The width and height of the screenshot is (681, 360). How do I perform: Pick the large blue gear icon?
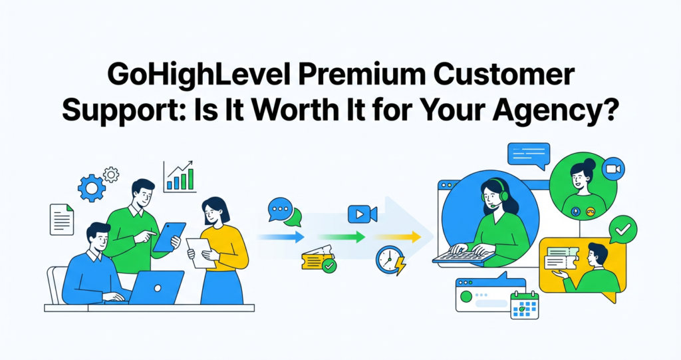tap(91, 188)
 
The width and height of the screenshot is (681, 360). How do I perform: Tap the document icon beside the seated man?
tap(62, 218)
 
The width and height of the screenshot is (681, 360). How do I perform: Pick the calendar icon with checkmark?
tap(524, 305)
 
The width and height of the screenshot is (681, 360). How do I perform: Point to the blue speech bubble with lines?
tap(528, 154)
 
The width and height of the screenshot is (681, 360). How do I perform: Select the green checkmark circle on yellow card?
tap(623, 230)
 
